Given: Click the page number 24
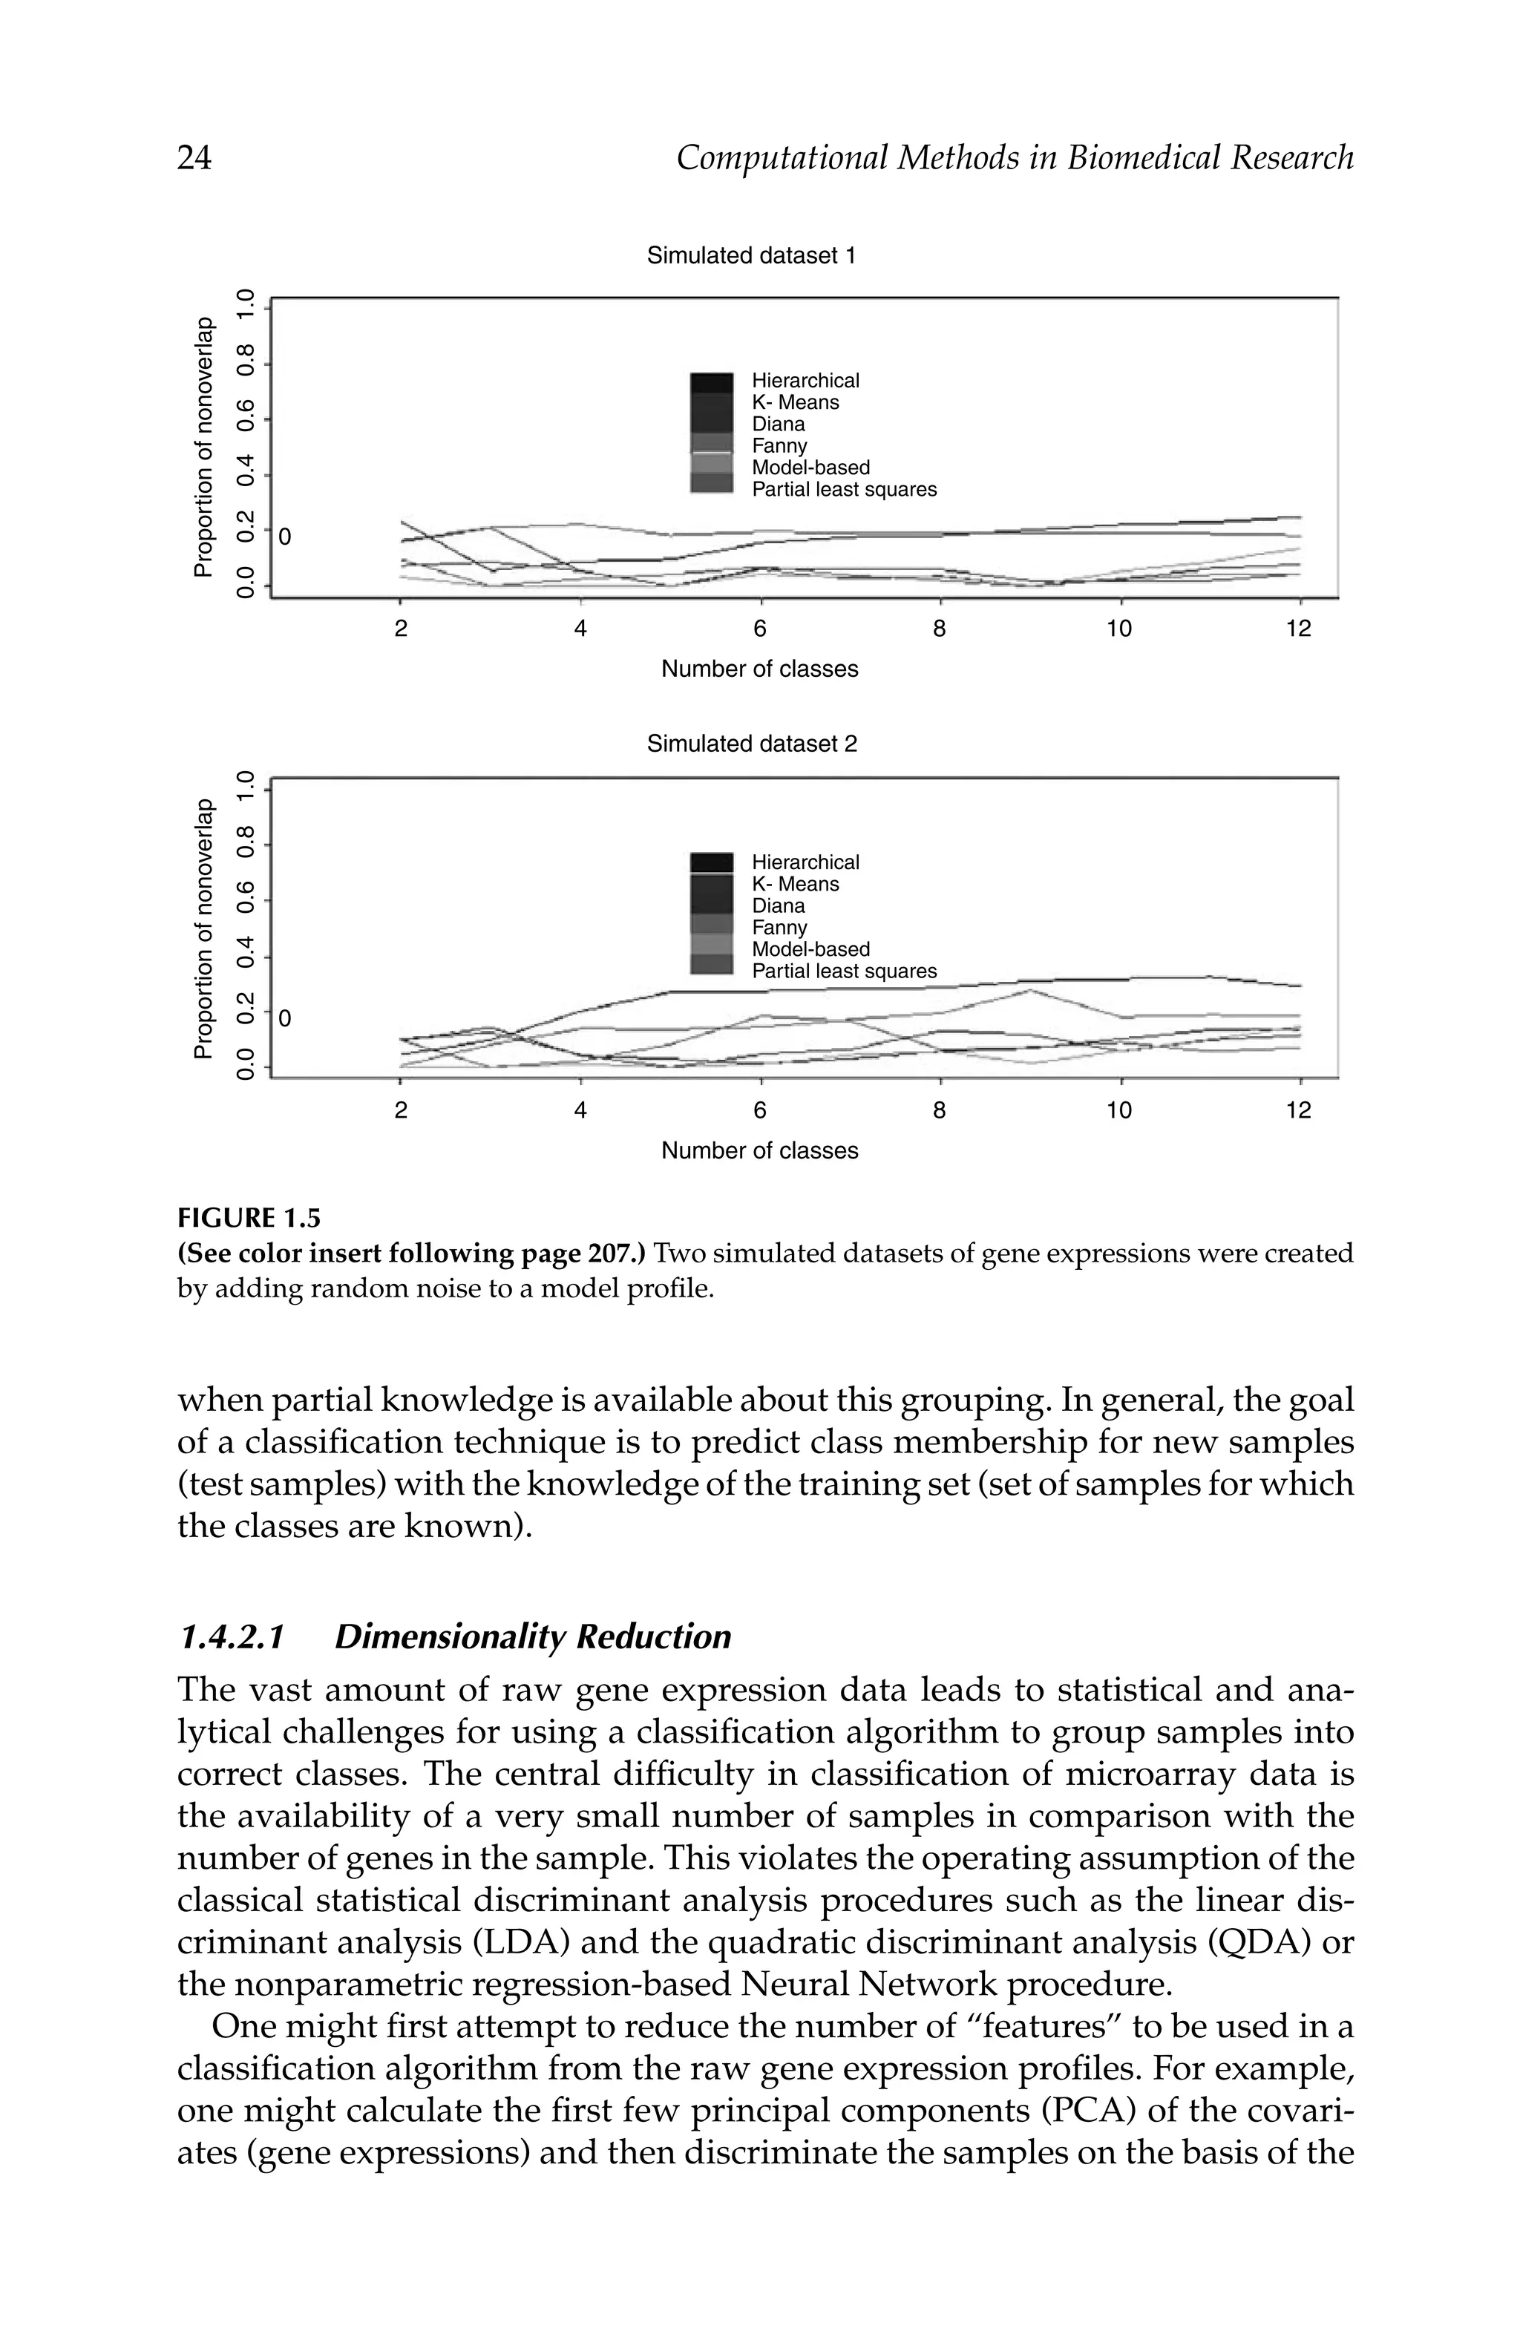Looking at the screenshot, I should pyautogui.click(x=194, y=157).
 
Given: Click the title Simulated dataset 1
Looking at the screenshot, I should pyautogui.click(x=751, y=256).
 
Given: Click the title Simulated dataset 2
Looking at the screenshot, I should pyautogui.click(x=751, y=744).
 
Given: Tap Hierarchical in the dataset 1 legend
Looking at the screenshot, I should pyautogui.click(x=805, y=380).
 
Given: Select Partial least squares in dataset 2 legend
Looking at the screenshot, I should pyautogui.click(x=844, y=971).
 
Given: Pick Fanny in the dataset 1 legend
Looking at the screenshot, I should pyautogui.click(x=779, y=446).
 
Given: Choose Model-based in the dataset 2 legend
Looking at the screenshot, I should pyautogui.click(x=810, y=950).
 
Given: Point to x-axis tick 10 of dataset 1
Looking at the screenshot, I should pyautogui.click(x=1118, y=629).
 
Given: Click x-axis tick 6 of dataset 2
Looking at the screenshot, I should pyautogui.click(x=759, y=1110).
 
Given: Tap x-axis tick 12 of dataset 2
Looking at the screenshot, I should pyautogui.click(x=1299, y=1110).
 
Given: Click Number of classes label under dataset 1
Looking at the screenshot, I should pyautogui.click(x=759, y=669).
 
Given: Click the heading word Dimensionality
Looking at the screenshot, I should pyautogui.click(x=450, y=1636).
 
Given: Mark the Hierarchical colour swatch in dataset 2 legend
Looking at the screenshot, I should pyautogui.click(x=711, y=862).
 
